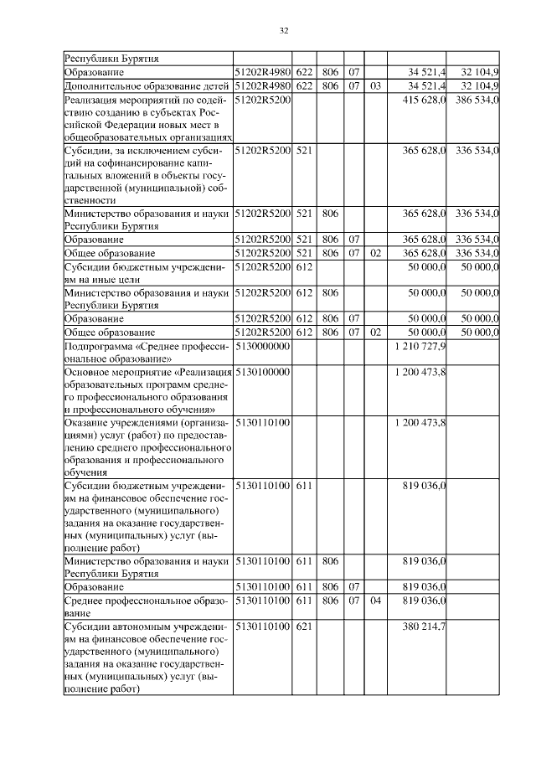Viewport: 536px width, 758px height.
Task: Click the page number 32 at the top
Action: [x=283, y=31]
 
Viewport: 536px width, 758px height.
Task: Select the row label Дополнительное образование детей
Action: [x=147, y=85]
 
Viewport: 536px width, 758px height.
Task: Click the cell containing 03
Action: [x=374, y=85]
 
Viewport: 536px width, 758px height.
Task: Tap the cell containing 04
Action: [x=374, y=601]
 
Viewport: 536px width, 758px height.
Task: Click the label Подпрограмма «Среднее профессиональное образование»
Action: [x=147, y=352]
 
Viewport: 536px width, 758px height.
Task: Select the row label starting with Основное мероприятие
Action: [x=147, y=389]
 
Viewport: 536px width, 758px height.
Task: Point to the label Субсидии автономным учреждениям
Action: [x=147, y=657]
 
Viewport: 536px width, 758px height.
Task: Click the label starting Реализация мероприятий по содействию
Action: [x=147, y=118]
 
